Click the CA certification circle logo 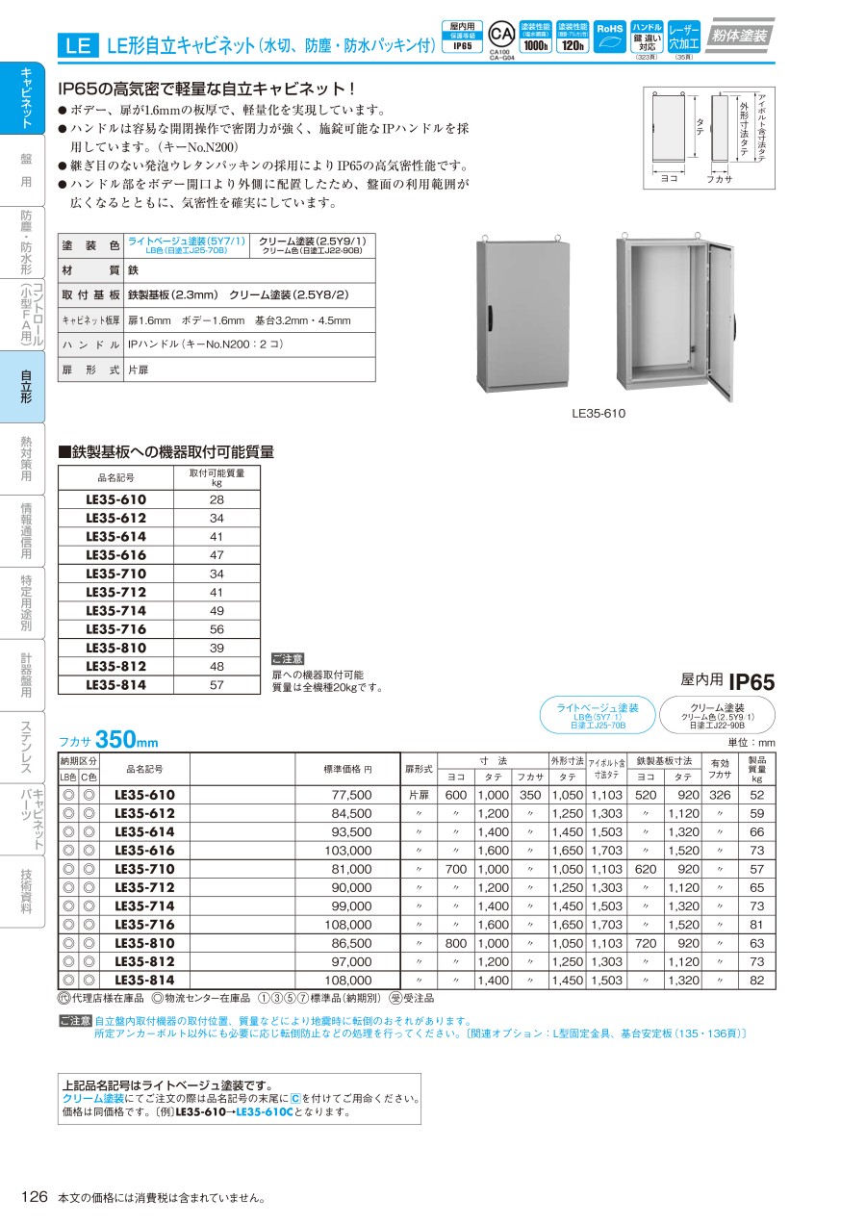tap(500, 32)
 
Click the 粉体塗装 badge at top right tap(741, 36)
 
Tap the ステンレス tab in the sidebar tap(25, 747)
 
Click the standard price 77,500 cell tap(351, 795)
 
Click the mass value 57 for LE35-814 tap(216, 685)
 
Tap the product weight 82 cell tap(756, 980)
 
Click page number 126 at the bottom tap(34, 1196)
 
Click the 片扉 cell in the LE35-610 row tap(418, 795)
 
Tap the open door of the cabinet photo tap(718, 318)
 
